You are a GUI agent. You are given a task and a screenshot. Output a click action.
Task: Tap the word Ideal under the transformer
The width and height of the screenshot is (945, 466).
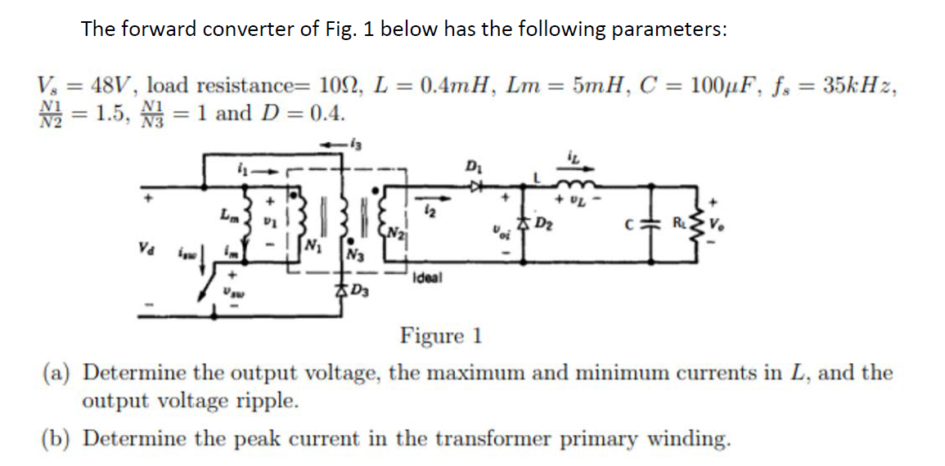pos(430,278)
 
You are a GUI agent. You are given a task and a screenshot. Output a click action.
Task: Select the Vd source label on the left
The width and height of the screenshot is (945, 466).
pos(143,243)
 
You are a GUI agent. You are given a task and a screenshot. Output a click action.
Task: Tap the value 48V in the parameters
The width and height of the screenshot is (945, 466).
pos(116,85)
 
